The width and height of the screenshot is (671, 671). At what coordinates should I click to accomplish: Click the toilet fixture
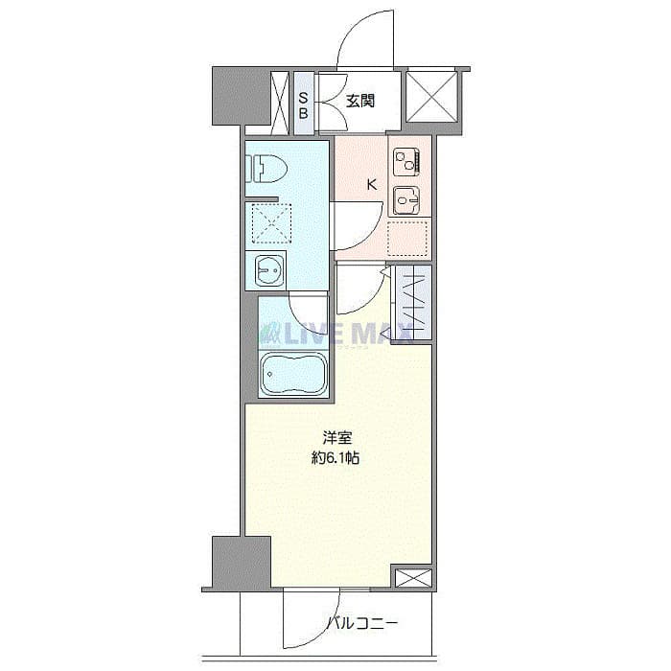pyautogui.click(x=267, y=167)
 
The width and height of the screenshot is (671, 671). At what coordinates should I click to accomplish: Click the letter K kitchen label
pyautogui.click(x=372, y=184)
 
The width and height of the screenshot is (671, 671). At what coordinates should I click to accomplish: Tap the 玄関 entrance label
pyautogui.click(x=360, y=99)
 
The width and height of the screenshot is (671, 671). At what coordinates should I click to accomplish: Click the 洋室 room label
pyautogui.click(x=335, y=439)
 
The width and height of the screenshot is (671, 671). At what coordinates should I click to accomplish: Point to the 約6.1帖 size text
pyautogui.click(x=335, y=458)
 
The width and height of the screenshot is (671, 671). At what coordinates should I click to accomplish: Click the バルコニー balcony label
pyautogui.click(x=360, y=624)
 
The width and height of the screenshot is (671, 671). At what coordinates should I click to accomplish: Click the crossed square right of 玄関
pyautogui.click(x=431, y=95)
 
